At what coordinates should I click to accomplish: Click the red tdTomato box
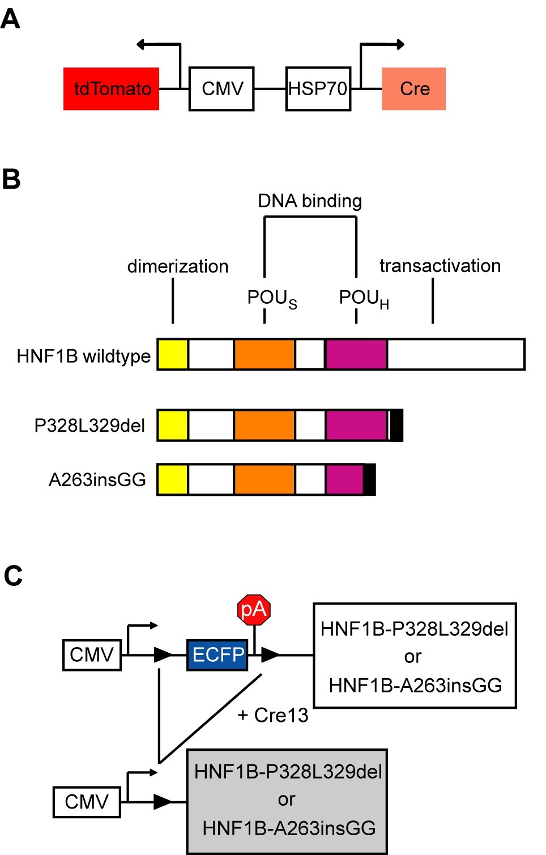pos(111,89)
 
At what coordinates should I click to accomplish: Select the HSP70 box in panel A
pos(318,89)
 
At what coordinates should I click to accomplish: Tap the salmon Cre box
pos(414,89)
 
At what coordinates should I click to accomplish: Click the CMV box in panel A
pos(221,89)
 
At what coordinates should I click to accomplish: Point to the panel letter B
pos(11,179)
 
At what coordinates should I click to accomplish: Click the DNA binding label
pos(310,201)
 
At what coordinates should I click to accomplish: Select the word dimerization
pos(178,266)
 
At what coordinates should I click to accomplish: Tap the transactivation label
pos(440,266)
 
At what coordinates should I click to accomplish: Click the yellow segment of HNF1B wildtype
pos(173,354)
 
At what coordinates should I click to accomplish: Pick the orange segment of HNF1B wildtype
pos(265,354)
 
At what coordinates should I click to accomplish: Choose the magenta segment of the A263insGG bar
pos(345,479)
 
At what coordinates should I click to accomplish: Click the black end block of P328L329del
pos(397,426)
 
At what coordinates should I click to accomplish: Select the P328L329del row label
pos(89,426)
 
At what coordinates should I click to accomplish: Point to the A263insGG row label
pos(97,480)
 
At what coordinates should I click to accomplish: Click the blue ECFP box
pos(217,655)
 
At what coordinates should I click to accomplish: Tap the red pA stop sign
pos(254,610)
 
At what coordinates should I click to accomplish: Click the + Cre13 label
pos(273,716)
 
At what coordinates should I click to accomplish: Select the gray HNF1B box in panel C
pos(287,801)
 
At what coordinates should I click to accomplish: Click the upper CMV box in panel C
pos(92,655)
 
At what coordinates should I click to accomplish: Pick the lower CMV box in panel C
pos(87,802)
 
